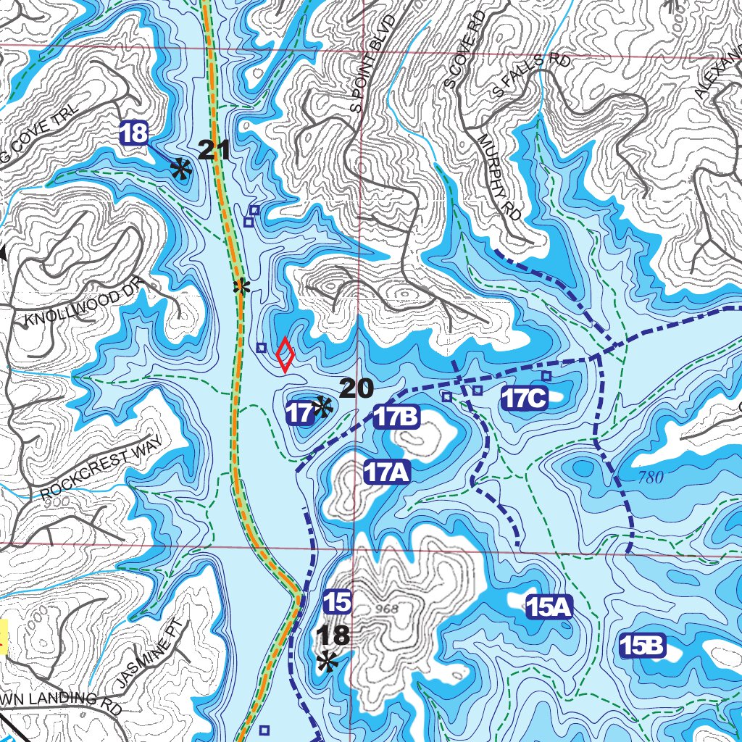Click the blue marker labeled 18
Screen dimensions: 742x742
tap(134, 133)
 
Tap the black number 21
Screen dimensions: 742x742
tap(214, 151)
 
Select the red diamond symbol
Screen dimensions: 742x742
tap(285, 354)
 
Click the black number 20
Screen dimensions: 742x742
tap(356, 389)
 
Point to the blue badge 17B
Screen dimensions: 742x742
tap(397, 417)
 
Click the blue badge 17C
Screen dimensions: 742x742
tap(525, 398)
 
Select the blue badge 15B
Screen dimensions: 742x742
tap(643, 646)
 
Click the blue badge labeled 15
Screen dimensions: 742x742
tap(338, 601)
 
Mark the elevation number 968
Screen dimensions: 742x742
tap(388, 608)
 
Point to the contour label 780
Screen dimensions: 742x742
tap(651, 478)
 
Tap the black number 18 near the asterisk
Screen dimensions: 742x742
tap(333, 635)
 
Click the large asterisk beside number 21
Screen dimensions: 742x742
tap(180, 170)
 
